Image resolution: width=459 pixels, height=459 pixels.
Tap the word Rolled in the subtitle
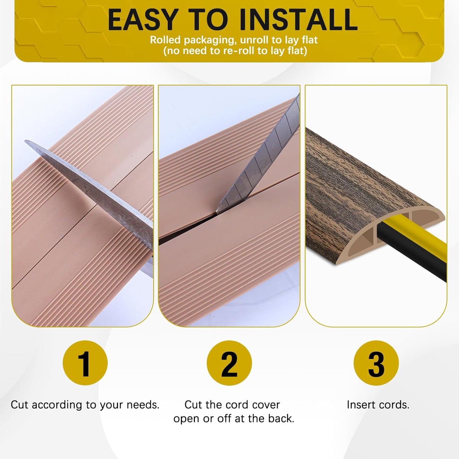165,40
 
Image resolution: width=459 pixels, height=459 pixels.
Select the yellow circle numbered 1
85,363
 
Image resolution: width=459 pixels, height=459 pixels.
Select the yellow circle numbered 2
229,363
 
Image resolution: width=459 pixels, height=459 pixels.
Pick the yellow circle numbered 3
376,363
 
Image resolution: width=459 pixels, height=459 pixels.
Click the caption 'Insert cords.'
378,405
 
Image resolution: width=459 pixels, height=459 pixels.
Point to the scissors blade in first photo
95,184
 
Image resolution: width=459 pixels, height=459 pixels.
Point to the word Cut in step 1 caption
20,405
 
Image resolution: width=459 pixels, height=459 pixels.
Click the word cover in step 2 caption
267,405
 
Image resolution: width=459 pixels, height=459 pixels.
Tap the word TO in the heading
212,20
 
